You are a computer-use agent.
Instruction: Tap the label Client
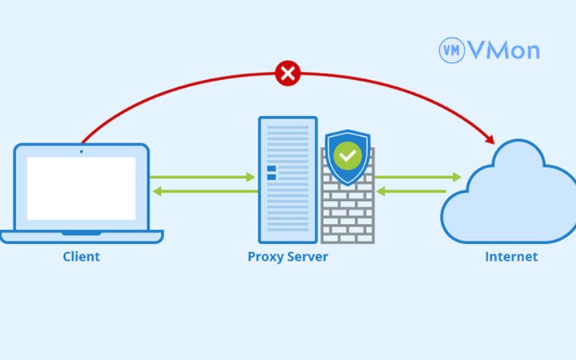81,256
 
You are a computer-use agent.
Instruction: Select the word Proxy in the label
264,256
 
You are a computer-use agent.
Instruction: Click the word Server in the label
308,256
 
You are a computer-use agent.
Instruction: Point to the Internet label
511,256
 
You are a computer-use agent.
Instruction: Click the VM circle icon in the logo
451,50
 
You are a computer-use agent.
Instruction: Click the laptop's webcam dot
81,151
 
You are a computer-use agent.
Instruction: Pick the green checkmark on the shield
348,154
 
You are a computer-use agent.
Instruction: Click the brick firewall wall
348,212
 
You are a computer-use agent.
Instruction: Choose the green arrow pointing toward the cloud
418,176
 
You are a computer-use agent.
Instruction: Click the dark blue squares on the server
271,172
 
